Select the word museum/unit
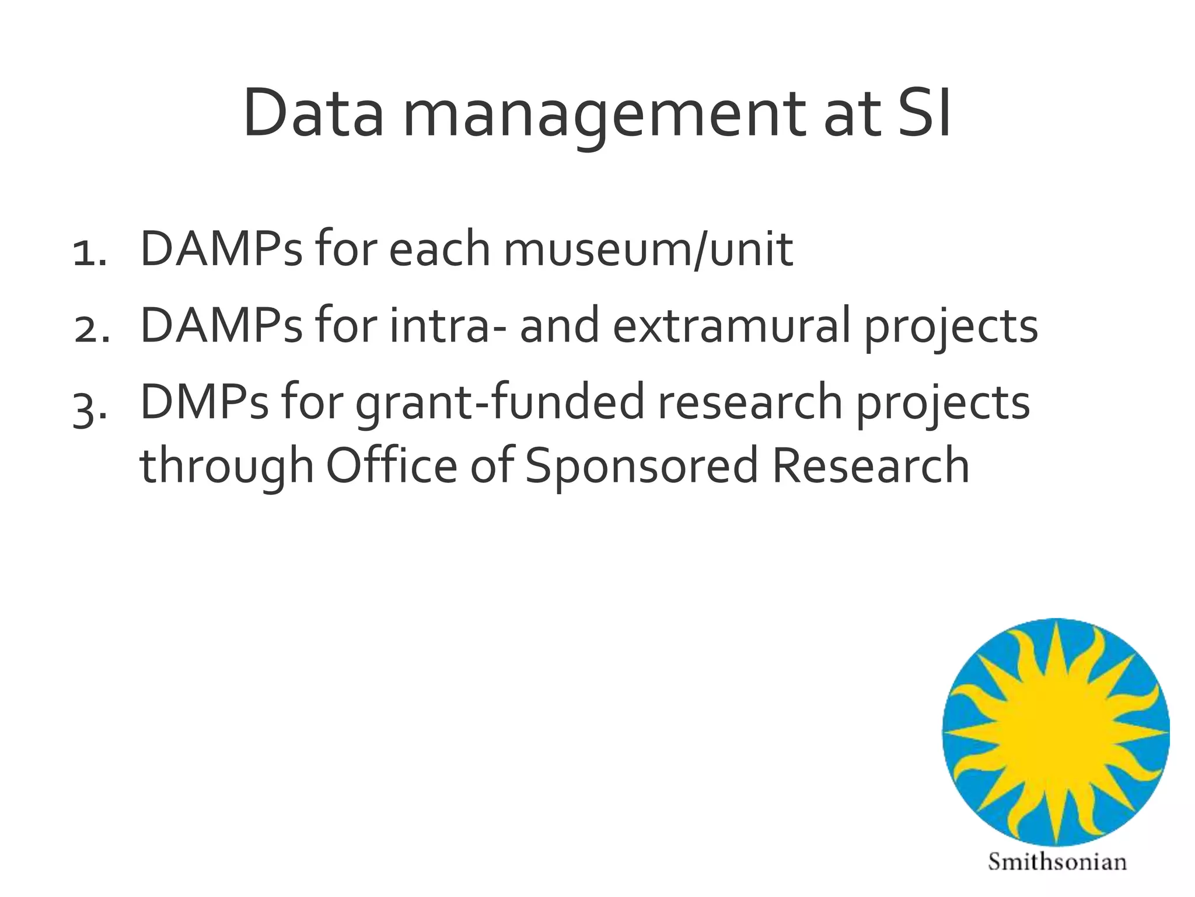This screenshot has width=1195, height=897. [x=648, y=250]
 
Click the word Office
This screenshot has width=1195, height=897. [x=392, y=465]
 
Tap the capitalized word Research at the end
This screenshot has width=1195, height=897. [x=870, y=465]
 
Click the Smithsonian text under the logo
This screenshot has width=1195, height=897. [x=1057, y=862]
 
